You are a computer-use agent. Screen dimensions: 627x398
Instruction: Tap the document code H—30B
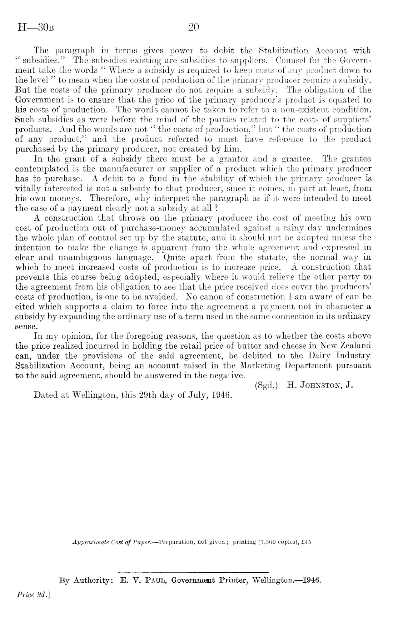(x=36, y=28)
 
